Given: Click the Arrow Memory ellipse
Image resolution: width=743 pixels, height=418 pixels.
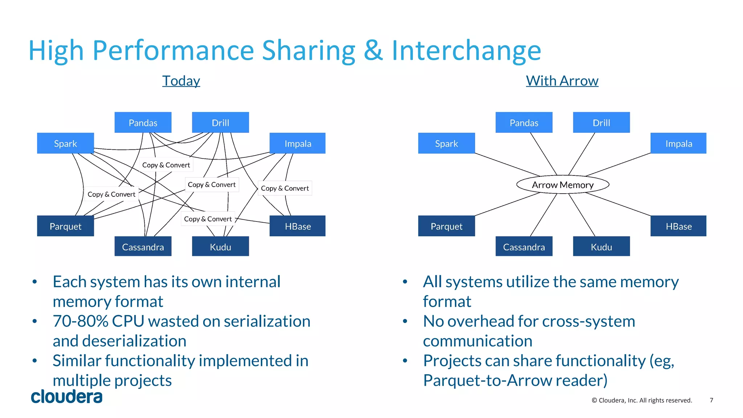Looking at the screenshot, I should click(562, 185).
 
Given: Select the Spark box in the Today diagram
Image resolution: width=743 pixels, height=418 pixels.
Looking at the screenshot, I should click(65, 143).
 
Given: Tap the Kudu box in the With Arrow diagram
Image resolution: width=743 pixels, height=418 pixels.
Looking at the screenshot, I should click(601, 247).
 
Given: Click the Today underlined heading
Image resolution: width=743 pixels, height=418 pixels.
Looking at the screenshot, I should click(181, 80).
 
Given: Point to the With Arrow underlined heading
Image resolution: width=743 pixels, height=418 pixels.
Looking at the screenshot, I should click(562, 80).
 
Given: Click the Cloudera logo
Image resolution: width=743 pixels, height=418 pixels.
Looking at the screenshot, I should click(67, 396).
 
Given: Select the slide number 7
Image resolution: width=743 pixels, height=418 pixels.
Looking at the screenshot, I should click(711, 400).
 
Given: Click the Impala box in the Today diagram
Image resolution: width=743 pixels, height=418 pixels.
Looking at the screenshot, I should click(297, 143).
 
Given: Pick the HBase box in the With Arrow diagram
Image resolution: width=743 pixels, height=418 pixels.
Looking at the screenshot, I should click(678, 226).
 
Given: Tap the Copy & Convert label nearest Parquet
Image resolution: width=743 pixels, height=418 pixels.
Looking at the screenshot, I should click(111, 194).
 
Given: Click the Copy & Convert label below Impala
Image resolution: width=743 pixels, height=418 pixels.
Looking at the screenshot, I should click(285, 188).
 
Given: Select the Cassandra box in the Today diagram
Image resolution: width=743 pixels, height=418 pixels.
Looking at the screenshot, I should click(143, 247).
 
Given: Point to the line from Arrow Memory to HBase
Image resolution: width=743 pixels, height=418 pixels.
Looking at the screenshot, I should click(617, 204).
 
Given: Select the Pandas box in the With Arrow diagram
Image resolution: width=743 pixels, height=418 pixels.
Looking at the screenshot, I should click(524, 123).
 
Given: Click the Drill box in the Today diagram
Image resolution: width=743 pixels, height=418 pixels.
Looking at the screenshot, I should click(220, 123).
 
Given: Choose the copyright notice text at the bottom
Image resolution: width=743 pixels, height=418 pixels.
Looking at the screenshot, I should click(641, 400).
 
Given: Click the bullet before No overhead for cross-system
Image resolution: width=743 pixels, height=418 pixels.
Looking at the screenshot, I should click(405, 321).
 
